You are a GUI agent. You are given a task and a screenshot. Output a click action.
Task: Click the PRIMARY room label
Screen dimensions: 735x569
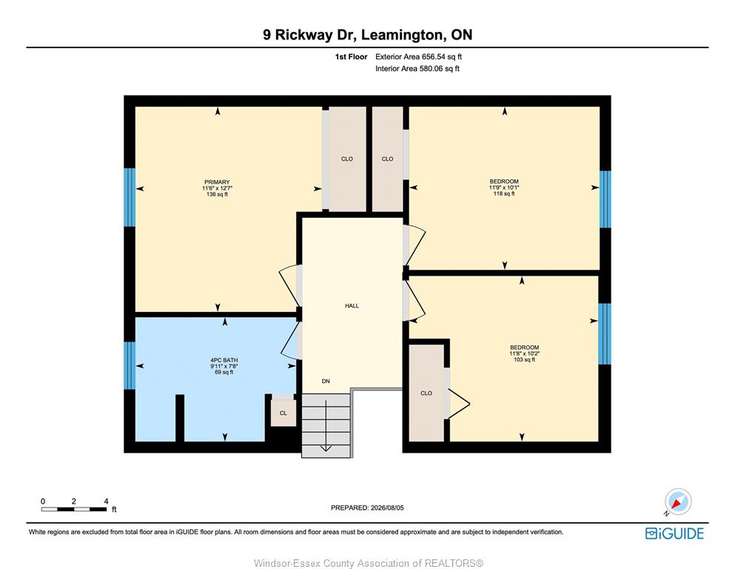click(217, 182)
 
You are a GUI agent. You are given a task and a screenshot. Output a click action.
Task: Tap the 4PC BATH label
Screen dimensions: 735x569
click(224, 360)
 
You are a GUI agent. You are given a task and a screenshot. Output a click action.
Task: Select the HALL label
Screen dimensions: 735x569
click(352, 306)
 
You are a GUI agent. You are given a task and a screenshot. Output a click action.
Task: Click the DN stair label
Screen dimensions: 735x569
click(326, 382)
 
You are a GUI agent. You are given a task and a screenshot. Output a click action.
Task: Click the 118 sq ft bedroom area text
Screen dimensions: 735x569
click(504, 193)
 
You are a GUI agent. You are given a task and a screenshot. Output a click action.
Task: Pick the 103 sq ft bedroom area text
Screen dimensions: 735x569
click(524, 359)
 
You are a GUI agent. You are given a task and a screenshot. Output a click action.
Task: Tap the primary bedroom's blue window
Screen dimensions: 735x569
click(130, 198)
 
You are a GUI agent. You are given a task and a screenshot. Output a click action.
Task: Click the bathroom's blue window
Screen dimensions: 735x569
click(130, 365)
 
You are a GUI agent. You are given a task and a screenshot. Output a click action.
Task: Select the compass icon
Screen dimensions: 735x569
click(677, 502)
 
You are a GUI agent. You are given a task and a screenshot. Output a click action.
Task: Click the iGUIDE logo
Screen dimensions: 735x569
click(674, 533)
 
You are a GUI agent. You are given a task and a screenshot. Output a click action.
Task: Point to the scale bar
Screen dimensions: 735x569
click(73, 509)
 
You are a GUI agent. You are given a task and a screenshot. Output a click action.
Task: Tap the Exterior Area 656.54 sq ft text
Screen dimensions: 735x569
click(419, 57)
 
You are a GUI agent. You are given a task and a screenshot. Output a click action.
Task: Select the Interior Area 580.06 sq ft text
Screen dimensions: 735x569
click(417, 68)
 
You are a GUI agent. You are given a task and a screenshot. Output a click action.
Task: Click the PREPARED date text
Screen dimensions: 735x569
click(367, 508)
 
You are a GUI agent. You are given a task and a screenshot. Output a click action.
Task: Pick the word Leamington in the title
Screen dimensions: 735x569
click(402, 35)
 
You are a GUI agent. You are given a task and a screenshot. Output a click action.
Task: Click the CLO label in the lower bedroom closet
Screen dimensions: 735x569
click(426, 393)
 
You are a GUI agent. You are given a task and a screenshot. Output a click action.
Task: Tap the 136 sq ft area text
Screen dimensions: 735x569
click(217, 194)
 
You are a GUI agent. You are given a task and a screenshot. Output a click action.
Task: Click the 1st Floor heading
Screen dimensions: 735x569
click(351, 57)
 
